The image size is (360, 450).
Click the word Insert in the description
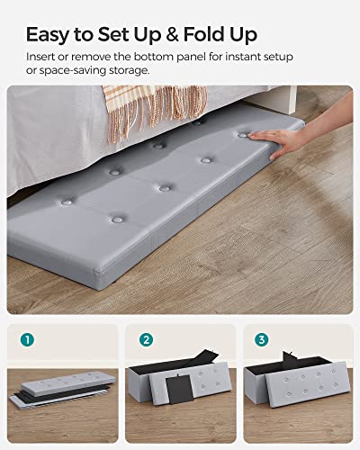click(x=41, y=56)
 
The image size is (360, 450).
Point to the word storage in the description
click(x=122, y=70)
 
